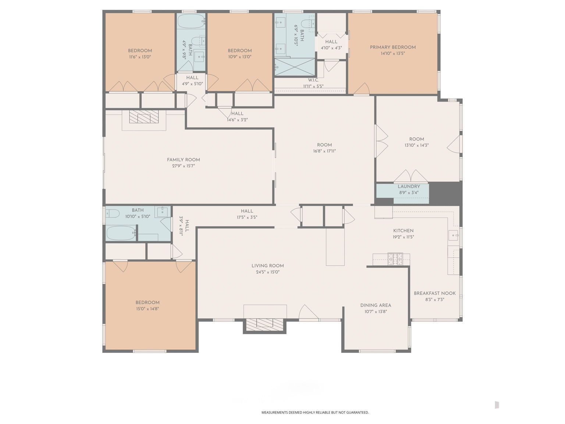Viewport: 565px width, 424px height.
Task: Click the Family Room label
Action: click(x=183, y=160)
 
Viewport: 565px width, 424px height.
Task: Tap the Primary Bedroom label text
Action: click(x=392, y=47)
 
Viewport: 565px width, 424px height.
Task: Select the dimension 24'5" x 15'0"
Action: click(x=267, y=272)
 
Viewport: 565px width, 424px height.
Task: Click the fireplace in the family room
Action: click(x=144, y=117)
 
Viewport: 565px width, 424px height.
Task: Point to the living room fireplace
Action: click(x=265, y=324)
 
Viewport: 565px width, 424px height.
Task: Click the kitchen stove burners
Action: click(x=395, y=259)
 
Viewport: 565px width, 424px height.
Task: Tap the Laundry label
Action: click(x=409, y=187)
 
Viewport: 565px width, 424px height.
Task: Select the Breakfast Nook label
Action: click(x=434, y=293)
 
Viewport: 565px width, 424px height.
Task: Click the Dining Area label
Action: click(x=376, y=305)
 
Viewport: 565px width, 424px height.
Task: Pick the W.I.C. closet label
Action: click(x=313, y=80)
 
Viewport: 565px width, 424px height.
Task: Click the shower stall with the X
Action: click(x=295, y=67)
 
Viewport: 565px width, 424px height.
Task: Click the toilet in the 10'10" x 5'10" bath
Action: click(x=113, y=213)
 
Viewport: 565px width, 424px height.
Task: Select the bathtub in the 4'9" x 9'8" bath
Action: click(x=191, y=21)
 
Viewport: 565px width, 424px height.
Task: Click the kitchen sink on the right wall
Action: click(x=454, y=235)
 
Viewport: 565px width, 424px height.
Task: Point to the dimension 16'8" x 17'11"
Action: click(x=324, y=151)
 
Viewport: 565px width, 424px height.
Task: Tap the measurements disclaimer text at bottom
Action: click(x=315, y=413)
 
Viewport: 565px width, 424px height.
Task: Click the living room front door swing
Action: click(x=308, y=312)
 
